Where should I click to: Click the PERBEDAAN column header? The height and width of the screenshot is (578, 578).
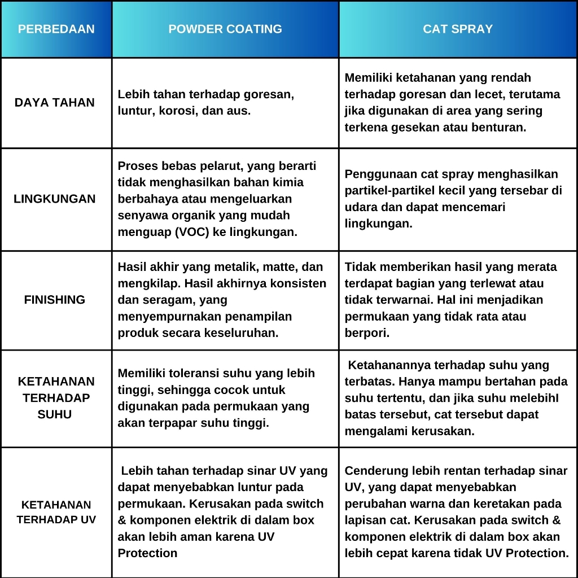[56, 29]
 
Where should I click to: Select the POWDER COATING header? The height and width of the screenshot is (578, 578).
[225, 29]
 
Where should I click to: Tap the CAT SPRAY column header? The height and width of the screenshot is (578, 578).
[458, 29]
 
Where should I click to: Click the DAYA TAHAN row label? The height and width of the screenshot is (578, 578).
[55, 103]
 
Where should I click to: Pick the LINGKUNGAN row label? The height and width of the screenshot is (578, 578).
[55, 199]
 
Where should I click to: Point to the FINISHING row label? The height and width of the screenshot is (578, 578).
[55, 300]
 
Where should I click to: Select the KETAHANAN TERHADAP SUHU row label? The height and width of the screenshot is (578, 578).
[56, 397]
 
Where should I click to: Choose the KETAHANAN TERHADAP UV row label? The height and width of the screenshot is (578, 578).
[56, 512]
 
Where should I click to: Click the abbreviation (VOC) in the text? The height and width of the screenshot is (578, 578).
[194, 232]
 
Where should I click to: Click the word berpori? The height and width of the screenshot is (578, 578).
[367, 332]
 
